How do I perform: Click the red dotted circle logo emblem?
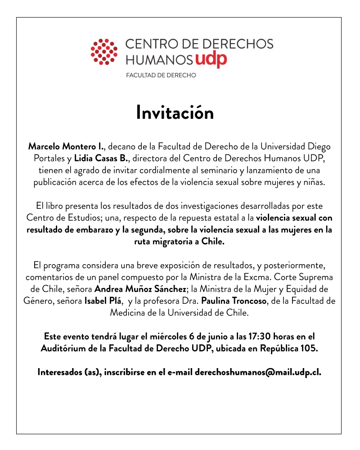(104, 51)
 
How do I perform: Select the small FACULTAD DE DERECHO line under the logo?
(161, 75)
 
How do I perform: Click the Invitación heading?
(175, 113)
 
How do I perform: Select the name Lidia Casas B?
(101, 158)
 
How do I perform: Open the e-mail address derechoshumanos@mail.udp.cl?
(258, 373)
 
